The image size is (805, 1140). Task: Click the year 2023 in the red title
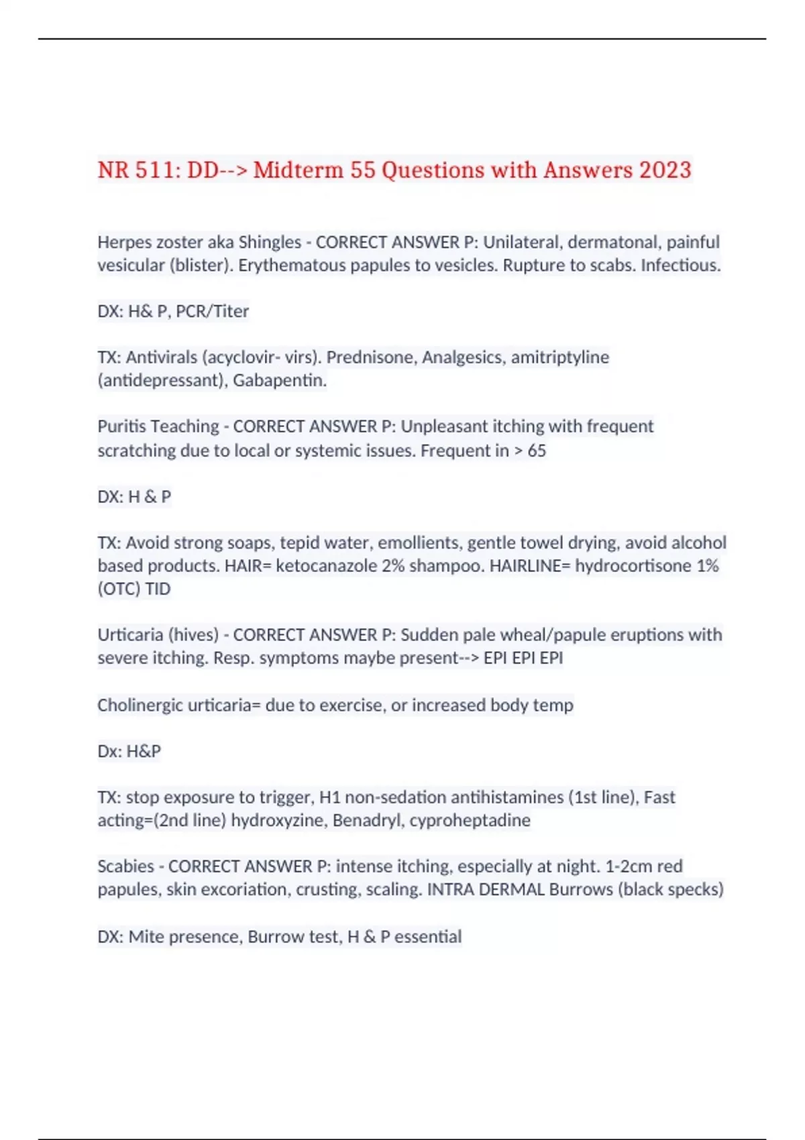pyautogui.click(x=665, y=170)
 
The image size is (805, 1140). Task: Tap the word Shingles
pyautogui.click(x=270, y=242)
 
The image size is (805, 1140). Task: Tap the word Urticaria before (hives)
pyautogui.click(x=127, y=635)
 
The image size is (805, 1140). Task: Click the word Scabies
pyautogui.click(x=125, y=866)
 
